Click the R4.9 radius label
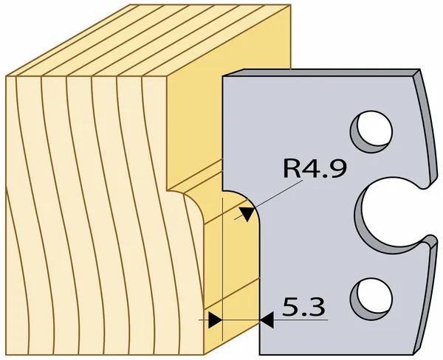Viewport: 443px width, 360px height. [312, 170]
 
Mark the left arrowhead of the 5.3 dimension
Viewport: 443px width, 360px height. [214, 320]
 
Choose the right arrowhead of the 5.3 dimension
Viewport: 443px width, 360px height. [267, 320]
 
